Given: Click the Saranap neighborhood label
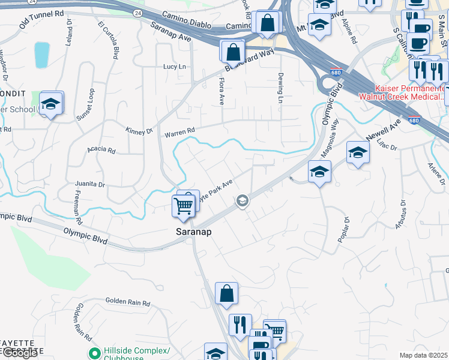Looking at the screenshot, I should tap(194, 231).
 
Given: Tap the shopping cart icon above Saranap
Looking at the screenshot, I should tap(183, 206).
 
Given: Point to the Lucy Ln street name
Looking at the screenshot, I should tap(175, 67).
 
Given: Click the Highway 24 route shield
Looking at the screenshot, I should tap(138, 13).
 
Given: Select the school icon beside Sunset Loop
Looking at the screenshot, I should tap(52, 104).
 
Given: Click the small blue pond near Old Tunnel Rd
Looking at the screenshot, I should tap(42, 55).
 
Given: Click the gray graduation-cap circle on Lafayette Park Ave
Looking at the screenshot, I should tap(243, 200).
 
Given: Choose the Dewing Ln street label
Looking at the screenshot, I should tap(280, 88).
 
